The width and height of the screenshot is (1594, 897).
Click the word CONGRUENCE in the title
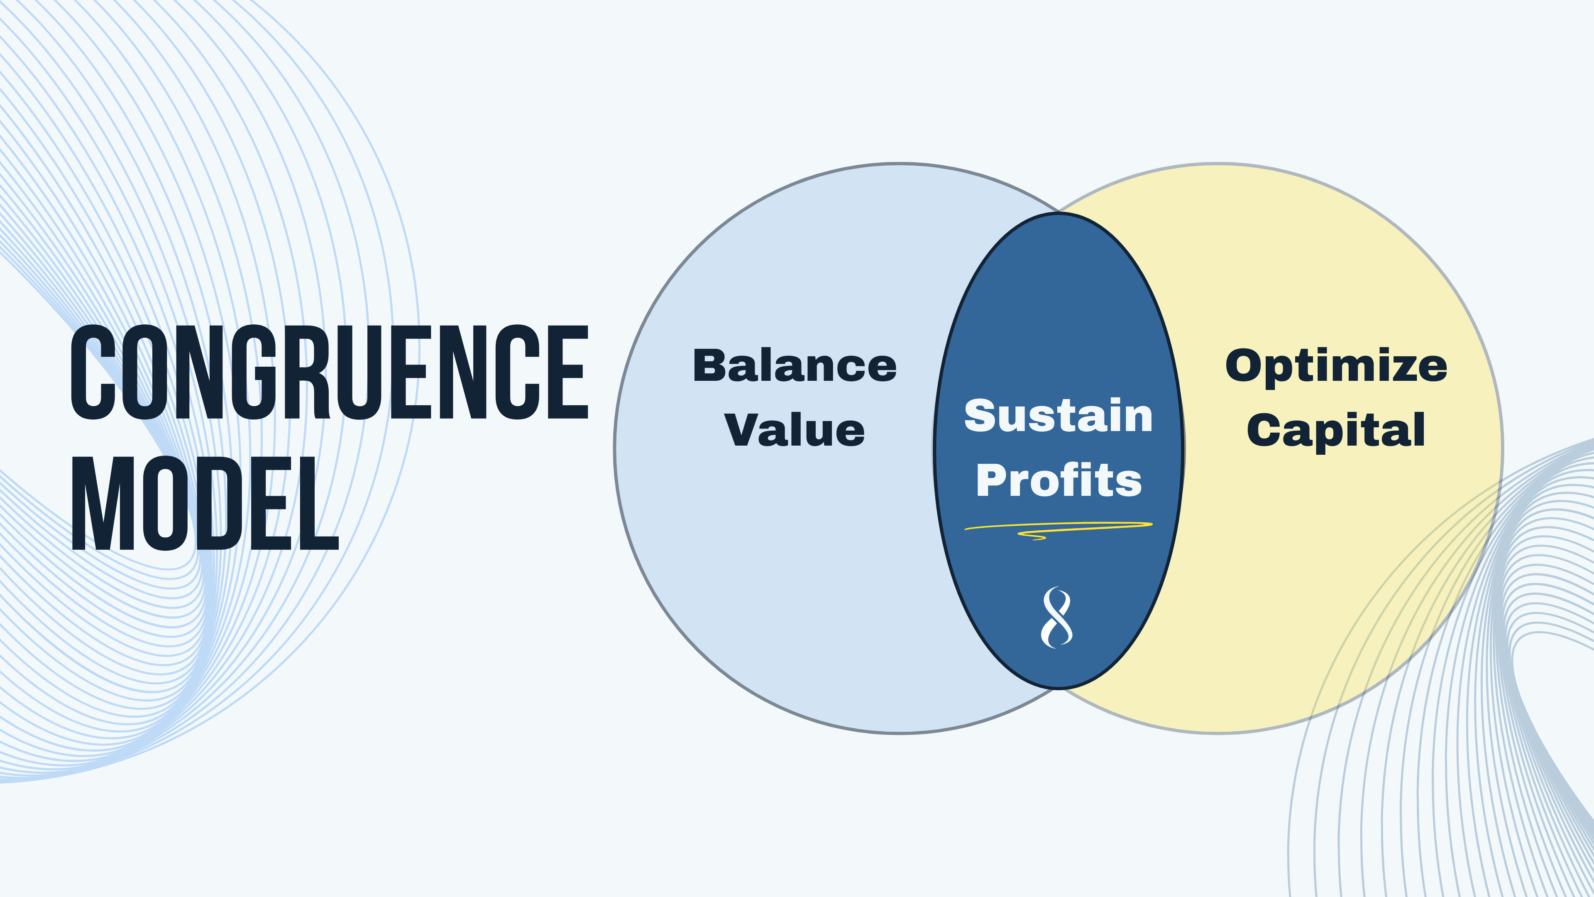click(x=329, y=372)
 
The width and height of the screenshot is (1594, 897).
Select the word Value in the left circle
click(x=795, y=430)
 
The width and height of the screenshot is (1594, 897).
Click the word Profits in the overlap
click(x=1058, y=480)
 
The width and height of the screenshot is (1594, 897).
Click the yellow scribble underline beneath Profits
click(x=1058, y=529)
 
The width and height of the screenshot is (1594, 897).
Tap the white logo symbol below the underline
click(x=1057, y=617)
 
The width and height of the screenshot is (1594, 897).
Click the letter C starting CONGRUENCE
click(x=93, y=372)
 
